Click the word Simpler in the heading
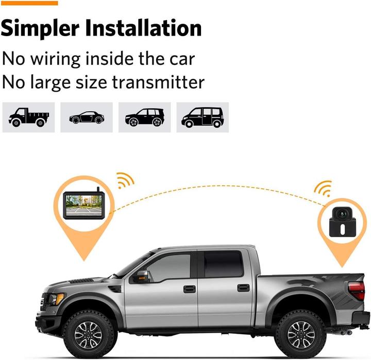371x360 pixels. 40,29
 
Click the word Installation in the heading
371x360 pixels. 143,27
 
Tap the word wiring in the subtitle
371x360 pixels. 56,59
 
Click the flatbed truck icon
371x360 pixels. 29,117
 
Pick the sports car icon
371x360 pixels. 87,117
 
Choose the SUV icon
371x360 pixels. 145,117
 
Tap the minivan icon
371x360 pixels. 203,117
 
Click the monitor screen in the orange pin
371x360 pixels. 84,205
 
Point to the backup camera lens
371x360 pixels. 342,214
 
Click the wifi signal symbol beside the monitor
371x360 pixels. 125,181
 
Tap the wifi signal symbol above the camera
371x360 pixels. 324,188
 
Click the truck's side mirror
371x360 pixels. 143,276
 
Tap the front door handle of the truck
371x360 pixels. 190,289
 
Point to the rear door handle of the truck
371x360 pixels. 243,287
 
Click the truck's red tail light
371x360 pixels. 357,290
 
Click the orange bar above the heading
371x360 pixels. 29,3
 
